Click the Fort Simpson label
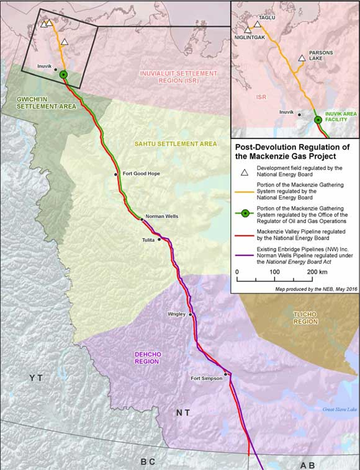click(205, 378)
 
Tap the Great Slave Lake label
click(340, 409)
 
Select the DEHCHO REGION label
click(148, 357)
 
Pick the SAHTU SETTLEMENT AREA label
click(176, 144)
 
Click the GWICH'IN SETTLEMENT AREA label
click(40, 102)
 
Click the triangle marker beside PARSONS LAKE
click(302, 58)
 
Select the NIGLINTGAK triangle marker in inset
click(248, 29)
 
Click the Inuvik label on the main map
click(45, 65)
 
